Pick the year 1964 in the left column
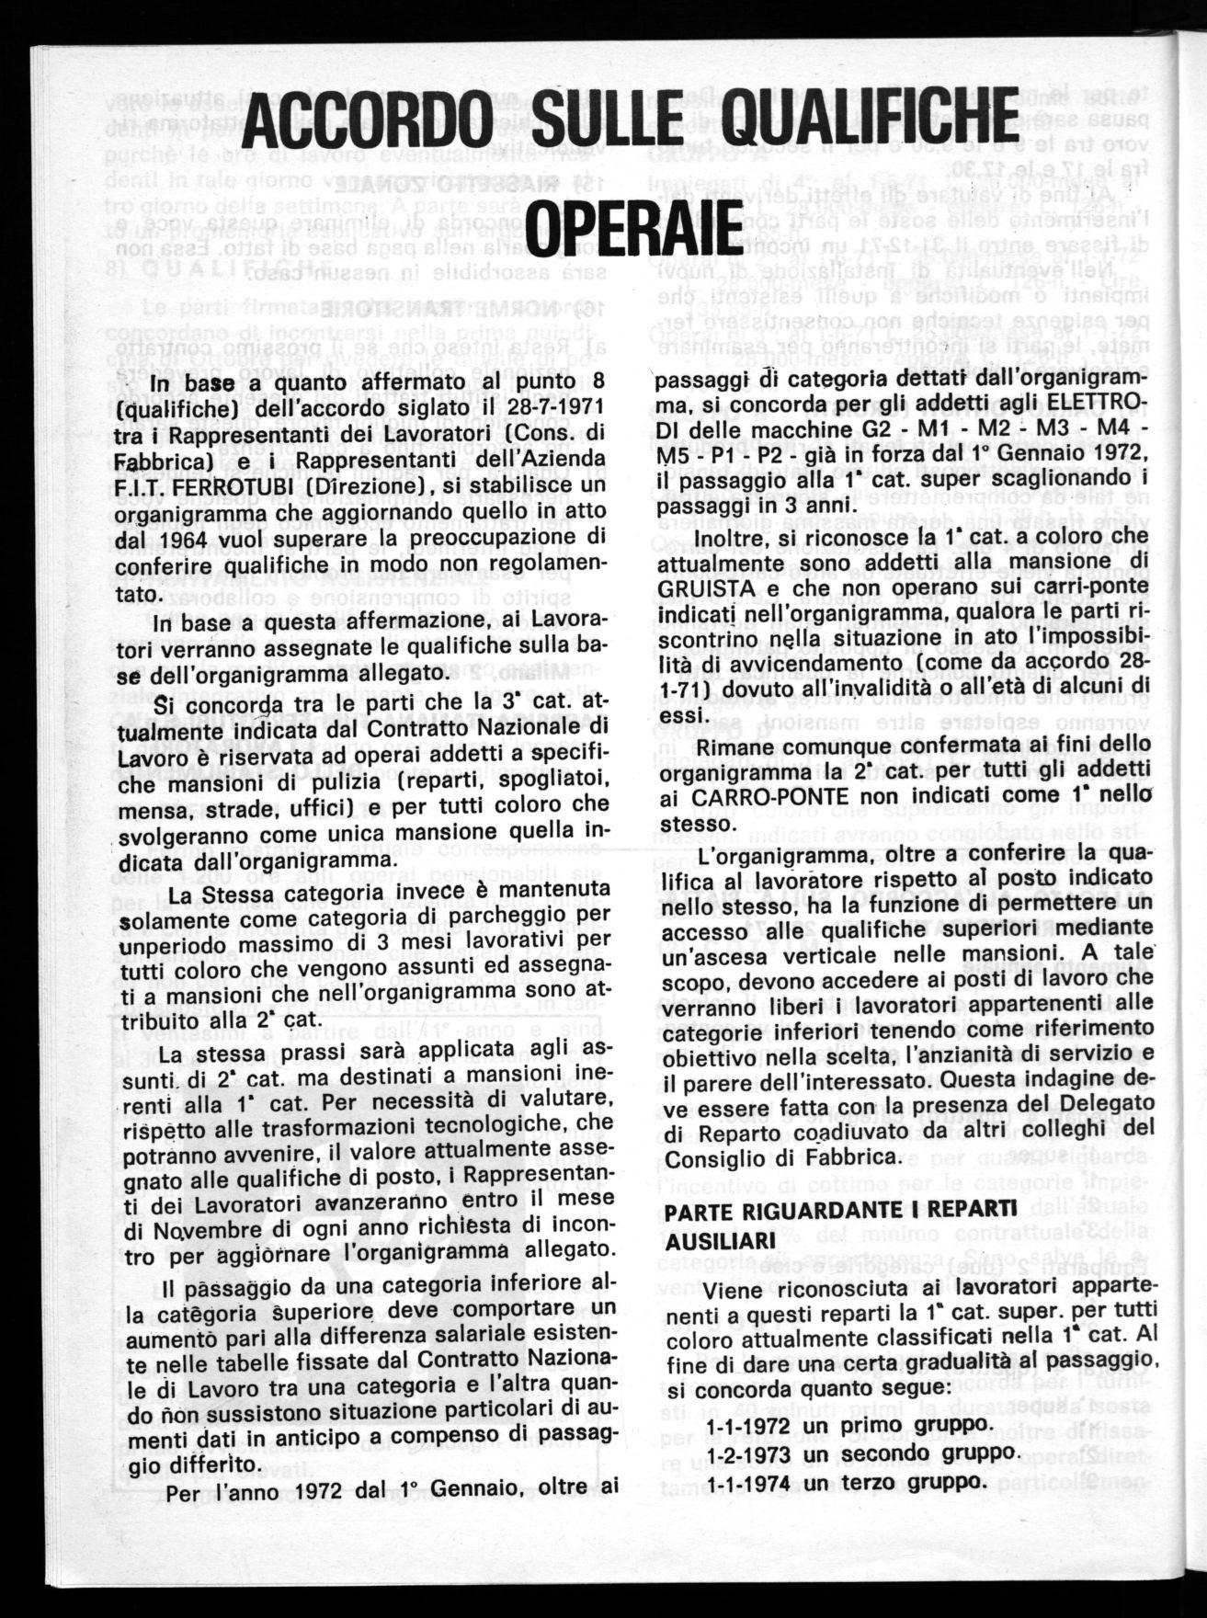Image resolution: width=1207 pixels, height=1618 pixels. [x=199, y=536]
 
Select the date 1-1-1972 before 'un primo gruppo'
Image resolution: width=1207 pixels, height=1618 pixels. [x=748, y=1425]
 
